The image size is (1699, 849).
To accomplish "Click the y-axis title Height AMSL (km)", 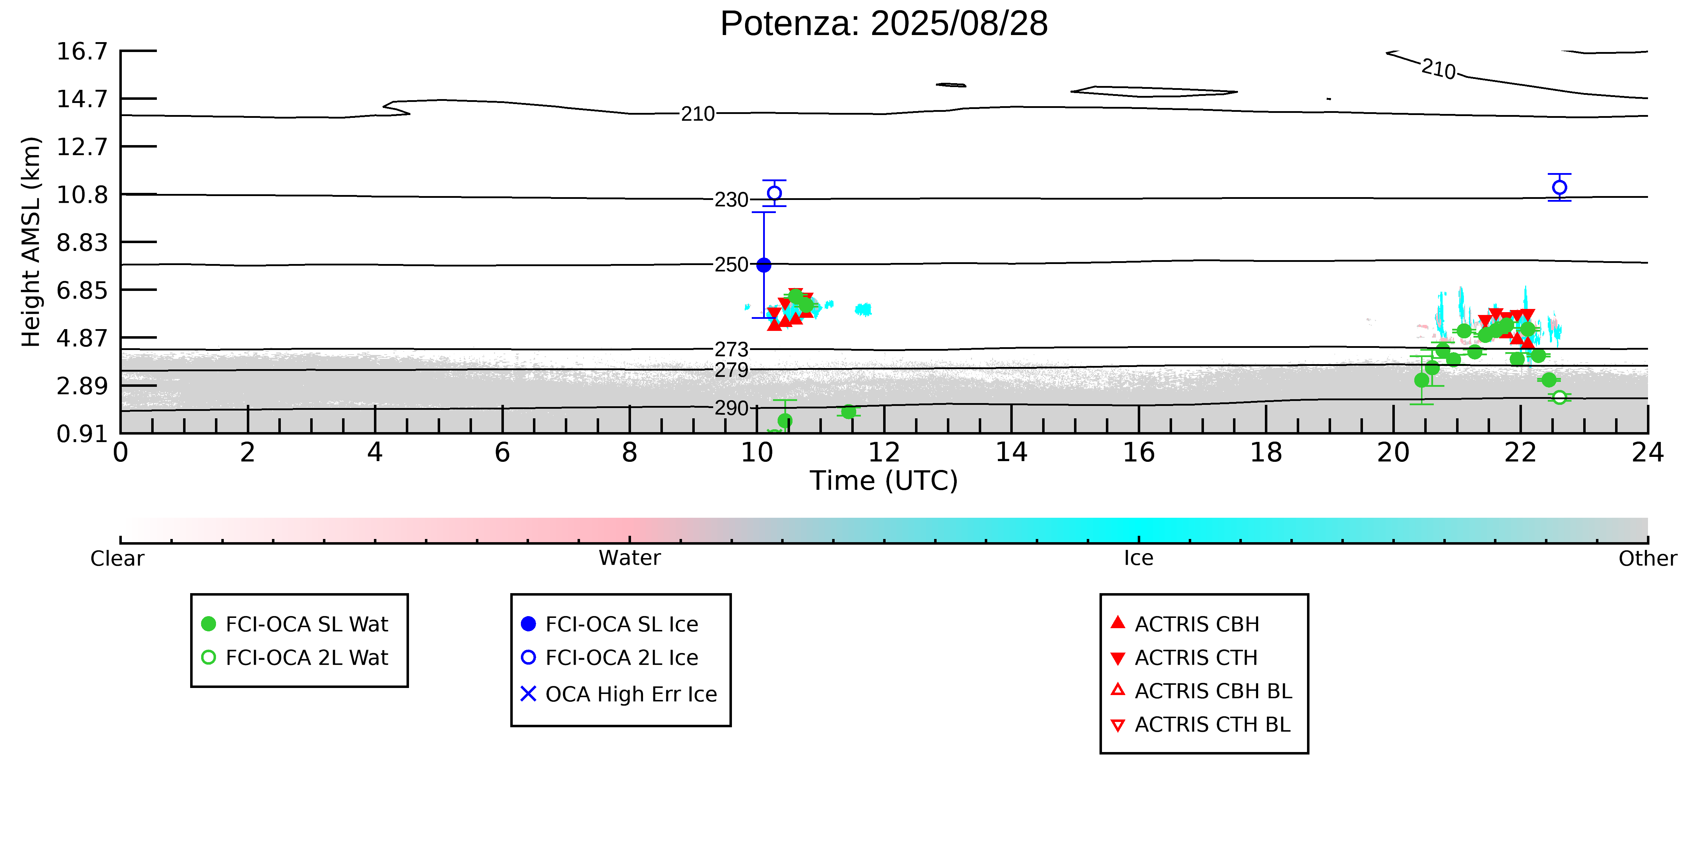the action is pyautogui.click(x=31, y=242).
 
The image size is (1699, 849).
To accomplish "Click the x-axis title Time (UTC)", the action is pyautogui.click(x=884, y=481).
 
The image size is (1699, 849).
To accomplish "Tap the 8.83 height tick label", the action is pyautogui.click(x=82, y=242).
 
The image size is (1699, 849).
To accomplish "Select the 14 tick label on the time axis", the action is pyautogui.click(x=1011, y=453).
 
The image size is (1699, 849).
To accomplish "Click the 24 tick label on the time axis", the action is pyautogui.click(x=1648, y=453).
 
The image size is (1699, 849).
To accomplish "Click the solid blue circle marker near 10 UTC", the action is pyautogui.click(x=764, y=265).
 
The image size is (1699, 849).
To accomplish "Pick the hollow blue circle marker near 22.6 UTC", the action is pyautogui.click(x=1559, y=188).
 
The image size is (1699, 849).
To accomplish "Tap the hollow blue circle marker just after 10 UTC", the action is pyautogui.click(x=774, y=193).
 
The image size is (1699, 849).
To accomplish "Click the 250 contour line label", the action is pyautogui.click(x=732, y=265).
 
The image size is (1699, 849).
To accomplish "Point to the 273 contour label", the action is pyautogui.click(x=732, y=349).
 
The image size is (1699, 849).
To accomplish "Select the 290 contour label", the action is pyautogui.click(x=732, y=409).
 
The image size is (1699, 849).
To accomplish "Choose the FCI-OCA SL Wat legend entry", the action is pyautogui.click(x=295, y=624).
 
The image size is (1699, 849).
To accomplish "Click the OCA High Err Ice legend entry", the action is pyautogui.click(x=619, y=694).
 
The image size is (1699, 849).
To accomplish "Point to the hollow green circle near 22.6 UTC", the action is pyautogui.click(x=1559, y=397).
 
